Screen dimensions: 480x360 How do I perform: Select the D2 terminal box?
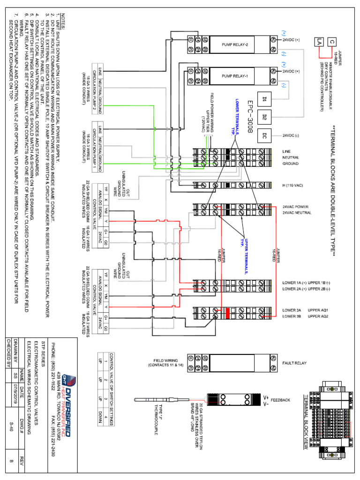point(264,117)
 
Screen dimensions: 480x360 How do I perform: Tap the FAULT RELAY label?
point(293,363)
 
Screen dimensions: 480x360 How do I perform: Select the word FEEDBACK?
point(291,400)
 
